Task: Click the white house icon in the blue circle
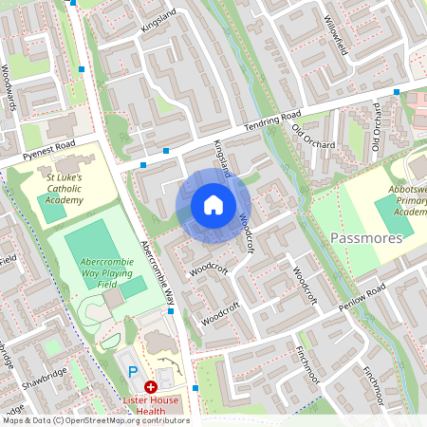[x=213, y=205]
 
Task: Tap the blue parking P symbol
[x=133, y=371]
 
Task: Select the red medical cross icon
[x=150, y=387]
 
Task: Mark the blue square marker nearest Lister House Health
[x=195, y=387]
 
